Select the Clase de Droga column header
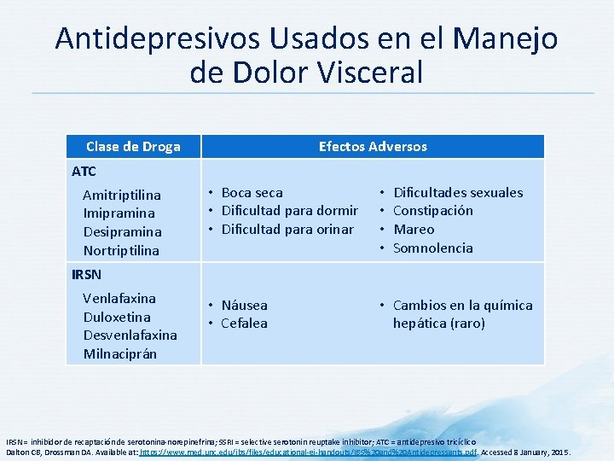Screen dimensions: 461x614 click(x=133, y=146)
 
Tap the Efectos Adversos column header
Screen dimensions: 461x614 click(x=373, y=146)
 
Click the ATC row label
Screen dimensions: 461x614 click(x=84, y=171)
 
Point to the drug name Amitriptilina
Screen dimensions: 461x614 click(x=122, y=195)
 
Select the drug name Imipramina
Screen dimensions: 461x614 click(x=119, y=213)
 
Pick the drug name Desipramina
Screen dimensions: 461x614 click(x=123, y=231)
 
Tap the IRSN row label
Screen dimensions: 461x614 click(x=87, y=274)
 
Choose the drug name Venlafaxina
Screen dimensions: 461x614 click(x=119, y=298)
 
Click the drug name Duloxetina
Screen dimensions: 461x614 click(x=117, y=317)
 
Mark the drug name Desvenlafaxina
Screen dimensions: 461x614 click(x=130, y=335)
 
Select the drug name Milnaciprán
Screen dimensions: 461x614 click(x=120, y=353)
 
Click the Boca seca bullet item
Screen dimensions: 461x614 click(x=252, y=192)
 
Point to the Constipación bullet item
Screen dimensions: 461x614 click(x=433, y=210)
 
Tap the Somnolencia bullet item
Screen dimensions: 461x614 click(x=432, y=248)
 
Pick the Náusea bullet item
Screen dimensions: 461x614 click(x=244, y=305)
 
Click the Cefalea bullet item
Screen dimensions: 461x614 click(x=244, y=323)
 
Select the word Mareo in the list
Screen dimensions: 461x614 click(x=414, y=229)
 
